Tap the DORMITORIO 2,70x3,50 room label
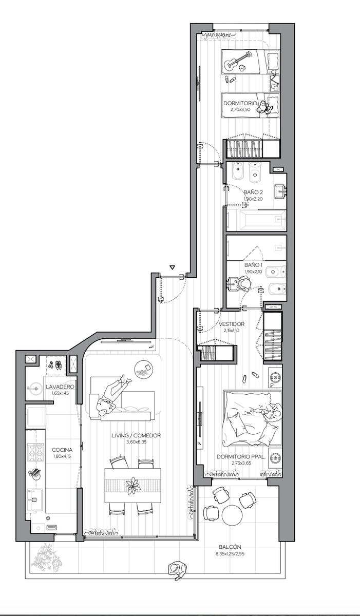coord(240,106)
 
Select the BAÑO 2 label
coord(253,192)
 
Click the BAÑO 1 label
coord(253,265)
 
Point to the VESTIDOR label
coord(231,324)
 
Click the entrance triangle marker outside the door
coord(173,267)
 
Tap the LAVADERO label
coord(60,387)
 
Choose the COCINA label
coord(62,450)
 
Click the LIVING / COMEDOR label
coord(136,436)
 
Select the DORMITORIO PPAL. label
coord(241,457)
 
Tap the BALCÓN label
coord(230,547)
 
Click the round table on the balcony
coord(233,516)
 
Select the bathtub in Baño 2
coord(256,220)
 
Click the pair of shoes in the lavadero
coord(55,364)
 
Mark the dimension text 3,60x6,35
coord(137,442)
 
